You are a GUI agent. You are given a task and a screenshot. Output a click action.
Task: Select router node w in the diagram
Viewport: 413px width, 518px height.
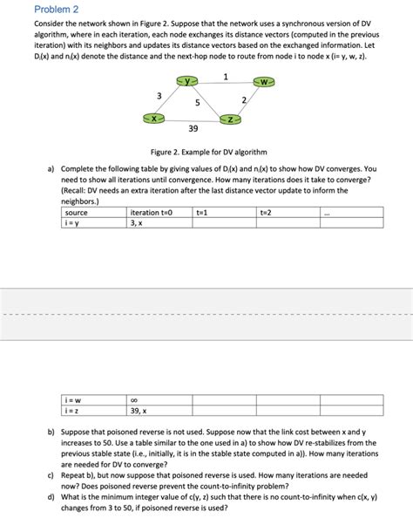click(x=265, y=82)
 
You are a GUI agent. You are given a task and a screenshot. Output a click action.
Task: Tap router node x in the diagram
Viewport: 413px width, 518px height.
click(x=154, y=117)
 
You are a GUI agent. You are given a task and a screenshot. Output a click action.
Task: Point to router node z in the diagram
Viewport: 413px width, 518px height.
click(x=231, y=118)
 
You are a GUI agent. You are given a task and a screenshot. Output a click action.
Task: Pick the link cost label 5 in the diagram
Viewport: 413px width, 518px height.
click(x=199, y=103)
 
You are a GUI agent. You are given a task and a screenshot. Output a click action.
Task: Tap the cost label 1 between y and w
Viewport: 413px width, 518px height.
click(x=226, y=76)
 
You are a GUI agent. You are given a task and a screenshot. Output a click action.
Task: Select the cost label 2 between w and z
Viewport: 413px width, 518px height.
click(x=244, y=102)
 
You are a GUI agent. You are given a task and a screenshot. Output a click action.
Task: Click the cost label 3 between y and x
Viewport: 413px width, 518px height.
click(x=158, y=95)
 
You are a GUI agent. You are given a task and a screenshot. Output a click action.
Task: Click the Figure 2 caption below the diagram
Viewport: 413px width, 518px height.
click(x=206, y=151)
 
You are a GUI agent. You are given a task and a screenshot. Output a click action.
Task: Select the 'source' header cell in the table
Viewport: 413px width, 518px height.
click(x=77, y=212)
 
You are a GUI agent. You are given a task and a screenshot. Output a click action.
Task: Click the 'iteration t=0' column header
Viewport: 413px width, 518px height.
click(x=152, y=212)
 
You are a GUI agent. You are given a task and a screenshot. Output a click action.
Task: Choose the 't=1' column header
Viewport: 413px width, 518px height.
click(x=202, y=212)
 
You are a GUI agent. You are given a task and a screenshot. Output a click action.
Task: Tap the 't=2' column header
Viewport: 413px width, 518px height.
click(x=266, y=212)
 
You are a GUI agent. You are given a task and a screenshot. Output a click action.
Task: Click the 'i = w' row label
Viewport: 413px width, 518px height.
click(x=74, y=400)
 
